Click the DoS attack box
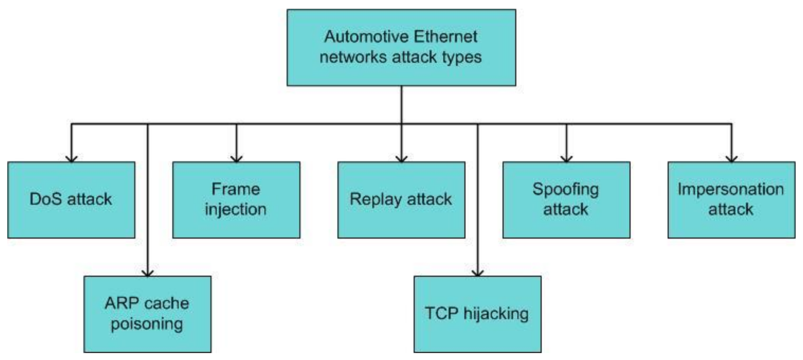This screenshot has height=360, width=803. (x=71, y=200)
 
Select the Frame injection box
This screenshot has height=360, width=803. (x=236, y=200)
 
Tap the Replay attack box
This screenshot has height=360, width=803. (x=401, y=200)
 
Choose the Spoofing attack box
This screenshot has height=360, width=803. (x=566, y=200)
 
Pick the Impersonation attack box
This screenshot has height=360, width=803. (x=731, y=200)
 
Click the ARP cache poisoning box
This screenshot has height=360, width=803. (x=147, y=314)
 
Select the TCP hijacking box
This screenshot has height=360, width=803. (x=477, y=314)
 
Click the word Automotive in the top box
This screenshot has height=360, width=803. (x=366, y=37)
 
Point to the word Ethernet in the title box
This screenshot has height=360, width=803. (x=445, y=37)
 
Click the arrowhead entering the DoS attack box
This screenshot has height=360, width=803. (x=72, y=159)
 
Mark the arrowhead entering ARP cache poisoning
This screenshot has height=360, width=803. (x=148, y=273)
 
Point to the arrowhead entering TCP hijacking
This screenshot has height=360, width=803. (x=477, y=273)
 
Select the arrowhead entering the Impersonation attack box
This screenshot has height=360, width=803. (x=731, y=159)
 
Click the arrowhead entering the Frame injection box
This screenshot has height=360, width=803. (x=236, y=159)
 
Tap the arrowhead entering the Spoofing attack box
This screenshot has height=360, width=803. (x=566, y=159)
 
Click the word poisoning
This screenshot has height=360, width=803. (x=147, y=324)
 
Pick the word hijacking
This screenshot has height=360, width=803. (x=496, y=314)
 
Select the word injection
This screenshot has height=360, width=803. (x=235, y=210)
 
